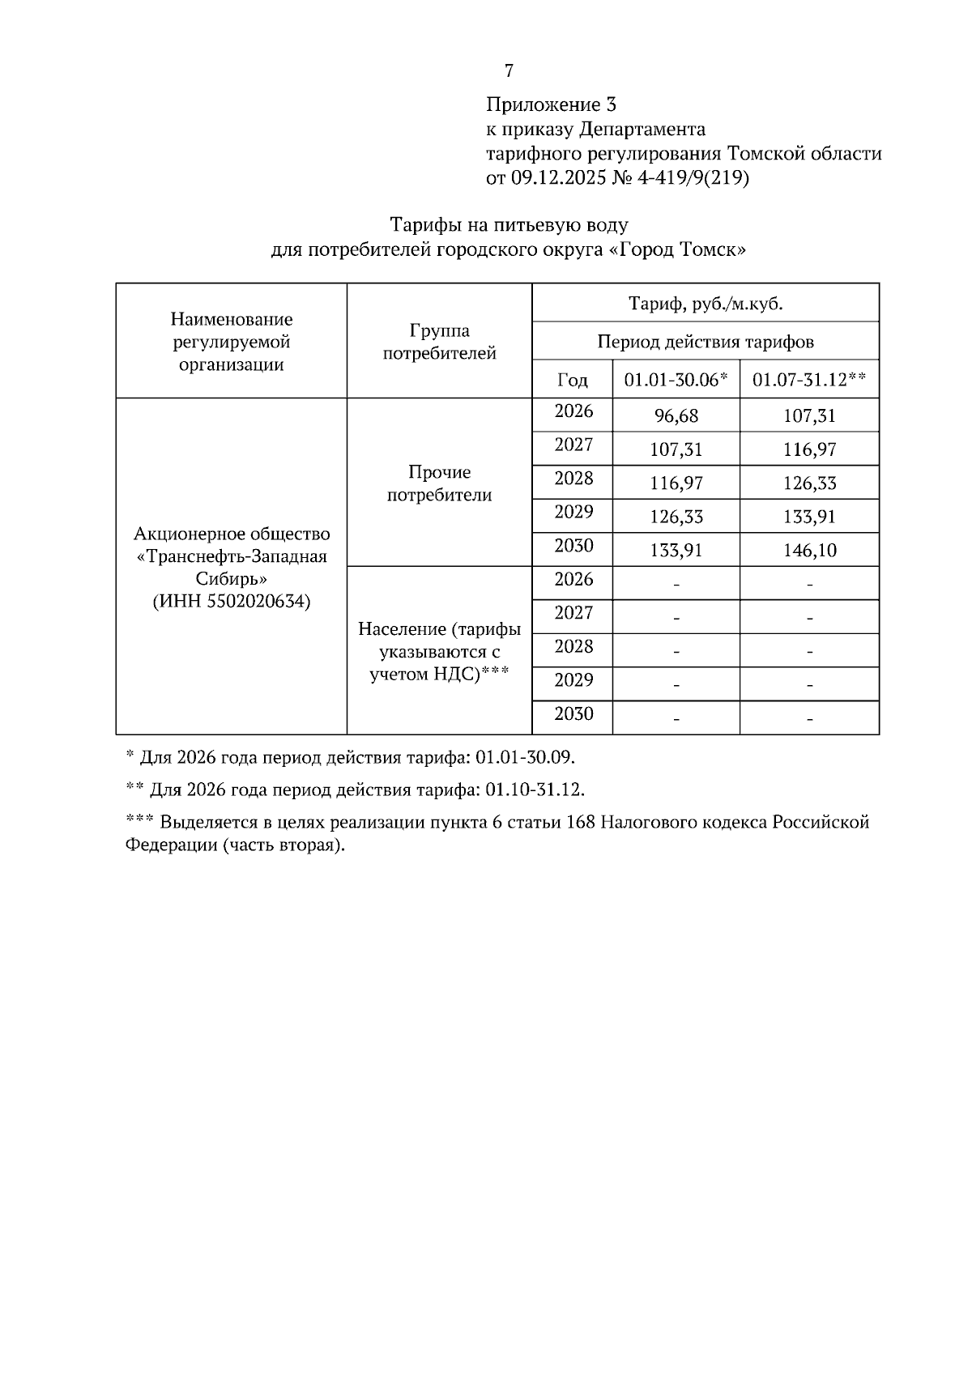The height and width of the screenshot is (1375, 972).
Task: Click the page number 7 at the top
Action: click(509, 71)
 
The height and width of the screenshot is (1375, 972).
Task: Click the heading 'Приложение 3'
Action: click(551, 104)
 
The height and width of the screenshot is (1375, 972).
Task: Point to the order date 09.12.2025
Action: click(559, 178)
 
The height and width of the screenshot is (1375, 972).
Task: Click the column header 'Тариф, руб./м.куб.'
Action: click(706, 304)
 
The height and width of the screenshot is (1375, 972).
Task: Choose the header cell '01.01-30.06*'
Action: click(676, 380)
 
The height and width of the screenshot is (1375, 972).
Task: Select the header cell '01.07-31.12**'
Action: click(809, 380)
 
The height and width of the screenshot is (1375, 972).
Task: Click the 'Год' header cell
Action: click(573, 380)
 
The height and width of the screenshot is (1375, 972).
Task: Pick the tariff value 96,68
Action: click(676, 416)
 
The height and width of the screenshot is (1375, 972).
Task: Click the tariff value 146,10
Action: click(809, 551)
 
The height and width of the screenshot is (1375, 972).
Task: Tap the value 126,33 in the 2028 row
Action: click(809, 483)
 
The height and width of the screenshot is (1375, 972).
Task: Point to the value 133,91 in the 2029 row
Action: click(809, 517)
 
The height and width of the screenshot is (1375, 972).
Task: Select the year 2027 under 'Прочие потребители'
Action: click(573, 445)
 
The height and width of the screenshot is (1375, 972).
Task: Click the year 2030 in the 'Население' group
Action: click(573, 713)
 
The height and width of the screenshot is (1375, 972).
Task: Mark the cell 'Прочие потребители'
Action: click(439, 483)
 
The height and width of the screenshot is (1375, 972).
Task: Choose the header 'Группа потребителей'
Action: click(439, 342)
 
